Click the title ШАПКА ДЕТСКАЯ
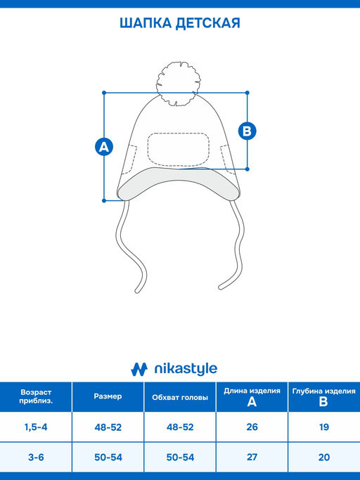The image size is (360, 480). coord(180,23)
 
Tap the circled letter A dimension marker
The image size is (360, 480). coord(104,147)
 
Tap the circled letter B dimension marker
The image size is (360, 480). coord(247,131)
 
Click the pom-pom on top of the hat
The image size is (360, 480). coord(177,84)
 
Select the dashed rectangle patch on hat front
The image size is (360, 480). coord(179,150)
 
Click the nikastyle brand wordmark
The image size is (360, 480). coord(186,369)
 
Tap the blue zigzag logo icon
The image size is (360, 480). coord(139,369)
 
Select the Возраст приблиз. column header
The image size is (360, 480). coord(36,397)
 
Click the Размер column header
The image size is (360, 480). coord(108,397)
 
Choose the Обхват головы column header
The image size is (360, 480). coord(180,397)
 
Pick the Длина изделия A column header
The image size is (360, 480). coord(252,397)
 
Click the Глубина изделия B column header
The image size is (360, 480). coord(324,397)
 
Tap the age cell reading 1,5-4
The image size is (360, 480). coord(36,427)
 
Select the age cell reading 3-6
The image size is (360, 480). coord(36,457)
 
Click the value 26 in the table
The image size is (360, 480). coord(252,427)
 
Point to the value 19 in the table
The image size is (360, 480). coord(324,427)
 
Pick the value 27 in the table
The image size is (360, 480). coord(252,457)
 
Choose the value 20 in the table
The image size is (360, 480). coord(324,457)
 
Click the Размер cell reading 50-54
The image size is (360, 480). coord(108,457)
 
